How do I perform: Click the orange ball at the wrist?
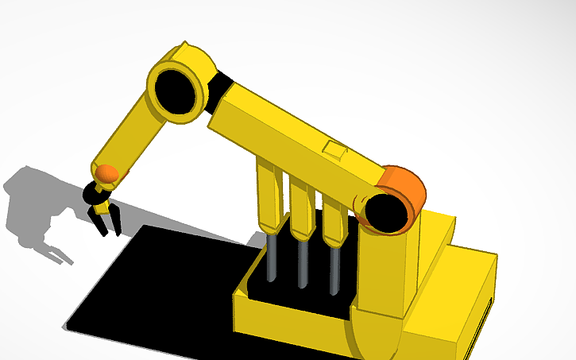(106, 174)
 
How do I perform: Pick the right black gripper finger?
(116, 221)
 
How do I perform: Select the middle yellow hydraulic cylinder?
(300, 208)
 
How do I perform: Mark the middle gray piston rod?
(303, 263)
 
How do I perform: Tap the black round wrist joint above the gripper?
(92, 192)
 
